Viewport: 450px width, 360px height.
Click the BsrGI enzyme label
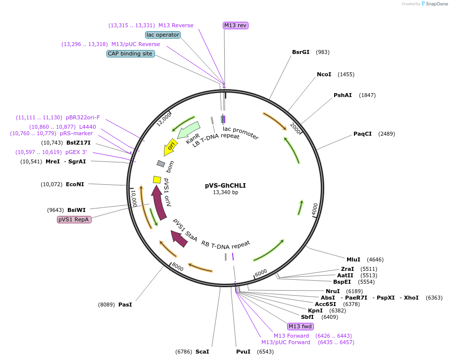[x=300, y=52]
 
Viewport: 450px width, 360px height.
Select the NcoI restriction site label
[x=324, y=74]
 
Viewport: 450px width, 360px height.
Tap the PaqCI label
[x=362, y=134]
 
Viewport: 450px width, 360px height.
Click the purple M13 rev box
[x=235, y=25]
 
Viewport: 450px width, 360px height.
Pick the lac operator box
[x=162, y=35]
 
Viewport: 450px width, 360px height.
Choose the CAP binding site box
[x=130, y=53]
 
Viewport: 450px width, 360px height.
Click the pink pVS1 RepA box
[x=74, y=219]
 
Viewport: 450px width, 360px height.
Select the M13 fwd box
[x=300, y=326]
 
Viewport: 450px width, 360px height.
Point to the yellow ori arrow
[x=170, y=147]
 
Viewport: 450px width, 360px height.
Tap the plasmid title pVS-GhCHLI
[x=225, y=186]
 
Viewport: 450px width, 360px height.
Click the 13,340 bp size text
[x=225, y=192]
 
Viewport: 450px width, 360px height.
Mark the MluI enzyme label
[x=353, y=259]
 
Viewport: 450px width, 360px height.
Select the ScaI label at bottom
[x=202, y=352]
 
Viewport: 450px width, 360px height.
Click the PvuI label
[x=243, y=352]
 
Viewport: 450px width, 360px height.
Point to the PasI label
[x=125, y=305]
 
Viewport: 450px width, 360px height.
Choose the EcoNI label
[x=75, y=184]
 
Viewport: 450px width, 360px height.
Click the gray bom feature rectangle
[x=161, y=163]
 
